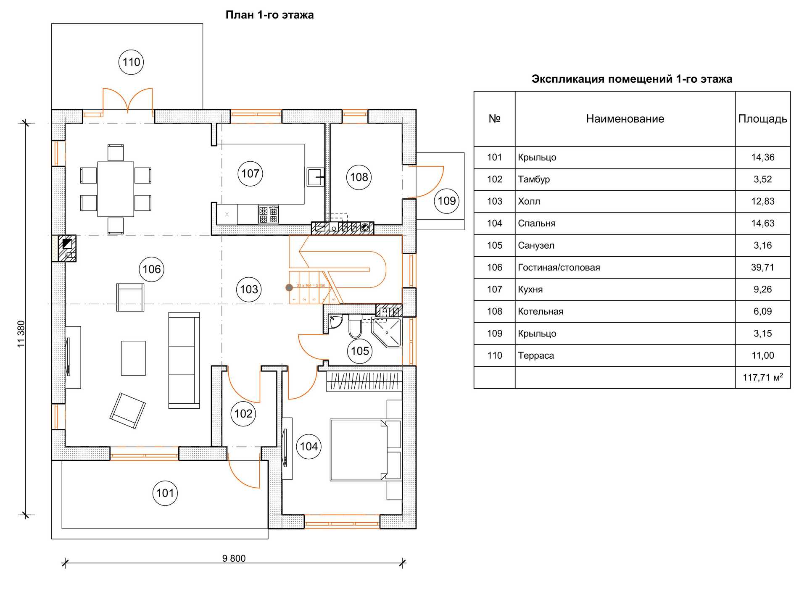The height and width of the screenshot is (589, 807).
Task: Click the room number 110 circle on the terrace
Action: point(131,62)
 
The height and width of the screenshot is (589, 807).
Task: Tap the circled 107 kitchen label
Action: point(250,174)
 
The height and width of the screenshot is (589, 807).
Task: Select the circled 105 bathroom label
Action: point(360,351)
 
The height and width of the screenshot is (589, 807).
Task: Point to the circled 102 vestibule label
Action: point(243,414)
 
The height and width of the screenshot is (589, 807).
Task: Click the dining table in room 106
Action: point(116,189)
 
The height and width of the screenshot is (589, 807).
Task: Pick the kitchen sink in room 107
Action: point(315,177)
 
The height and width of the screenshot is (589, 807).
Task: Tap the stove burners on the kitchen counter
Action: point(268,214)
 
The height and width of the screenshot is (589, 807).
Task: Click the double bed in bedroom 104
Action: point(358,450)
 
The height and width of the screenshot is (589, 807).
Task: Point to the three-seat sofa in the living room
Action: point(184,360)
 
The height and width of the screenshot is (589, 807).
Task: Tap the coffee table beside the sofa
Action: point(133,358)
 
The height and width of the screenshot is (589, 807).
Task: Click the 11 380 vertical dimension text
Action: point(21,334)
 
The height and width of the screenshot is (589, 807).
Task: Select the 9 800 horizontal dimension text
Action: point(234,558)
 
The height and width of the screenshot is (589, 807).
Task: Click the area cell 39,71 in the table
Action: point(762,267)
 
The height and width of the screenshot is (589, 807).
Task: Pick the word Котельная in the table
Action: point(541,311)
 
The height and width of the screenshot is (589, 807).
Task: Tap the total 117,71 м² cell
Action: point(762,377)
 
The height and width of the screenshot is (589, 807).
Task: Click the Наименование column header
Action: point(625,119)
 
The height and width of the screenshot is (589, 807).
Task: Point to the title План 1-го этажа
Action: point(269,15)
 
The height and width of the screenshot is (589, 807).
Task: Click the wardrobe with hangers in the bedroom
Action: point(364,381)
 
